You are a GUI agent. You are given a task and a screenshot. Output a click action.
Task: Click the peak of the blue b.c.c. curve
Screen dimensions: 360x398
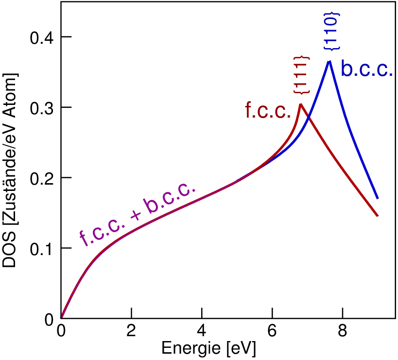click(x=329, y=61)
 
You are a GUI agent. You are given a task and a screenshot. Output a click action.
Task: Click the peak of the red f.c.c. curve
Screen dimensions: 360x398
click(x=301, y=104)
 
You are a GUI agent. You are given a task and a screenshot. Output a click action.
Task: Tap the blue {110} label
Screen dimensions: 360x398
click(x=333, y=31)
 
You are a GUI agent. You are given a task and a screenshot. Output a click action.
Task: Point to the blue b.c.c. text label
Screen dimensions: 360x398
click(x=366, y=69)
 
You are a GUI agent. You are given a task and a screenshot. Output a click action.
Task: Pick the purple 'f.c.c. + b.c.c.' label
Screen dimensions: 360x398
click(x=138, y=214)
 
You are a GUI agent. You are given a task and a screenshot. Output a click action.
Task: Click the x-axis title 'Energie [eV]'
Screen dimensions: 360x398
click(x=208, y=349)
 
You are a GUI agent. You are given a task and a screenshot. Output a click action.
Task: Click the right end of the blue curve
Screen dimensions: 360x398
click(x=378, y=198)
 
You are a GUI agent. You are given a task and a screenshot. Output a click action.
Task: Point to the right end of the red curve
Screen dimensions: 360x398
click(x=378, y=216)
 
